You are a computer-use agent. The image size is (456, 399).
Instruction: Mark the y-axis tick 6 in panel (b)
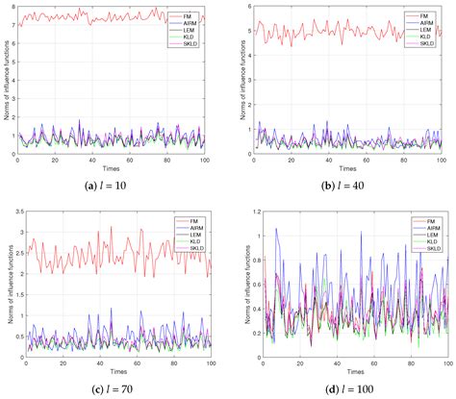[x=242, y=7]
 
